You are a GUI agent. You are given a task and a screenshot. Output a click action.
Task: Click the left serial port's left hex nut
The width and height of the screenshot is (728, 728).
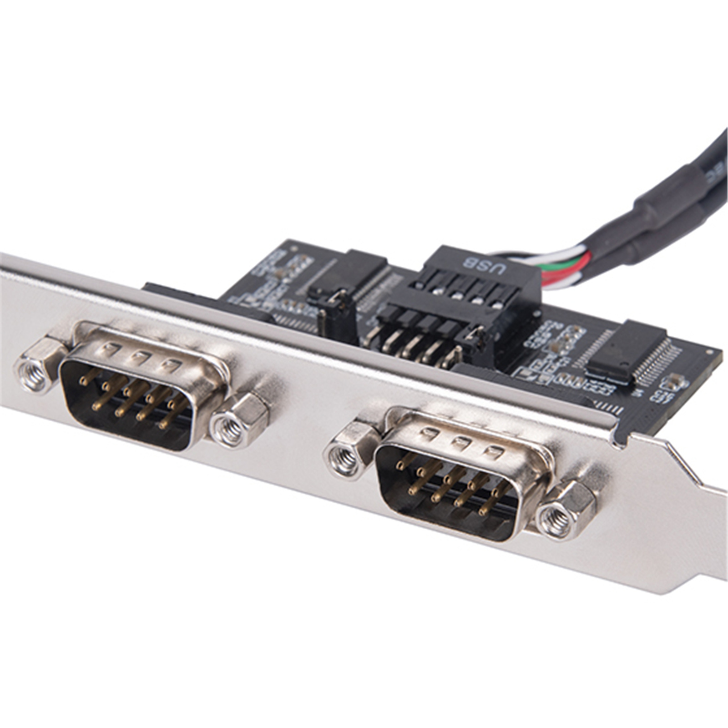click(36, 371)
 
